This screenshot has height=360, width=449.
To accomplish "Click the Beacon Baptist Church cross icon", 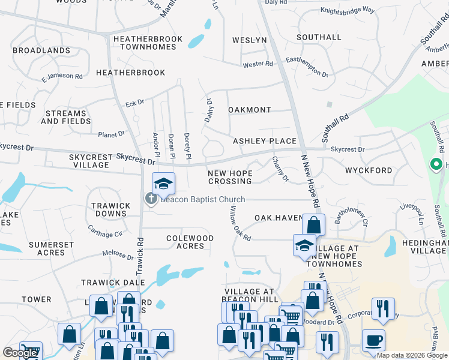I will coord(150,199).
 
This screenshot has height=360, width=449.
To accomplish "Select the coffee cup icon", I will coord(373,340).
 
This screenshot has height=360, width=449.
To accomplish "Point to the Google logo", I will coord(20,353).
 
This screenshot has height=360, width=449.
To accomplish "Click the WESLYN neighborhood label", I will coord(250,40).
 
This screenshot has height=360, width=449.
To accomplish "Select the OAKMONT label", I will coord(250,110).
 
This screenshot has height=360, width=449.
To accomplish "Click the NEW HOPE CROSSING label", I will coord(230,177).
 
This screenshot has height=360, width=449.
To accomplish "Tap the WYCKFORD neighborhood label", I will coord(369,170).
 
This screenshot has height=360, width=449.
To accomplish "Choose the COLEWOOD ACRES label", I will coord(190,242).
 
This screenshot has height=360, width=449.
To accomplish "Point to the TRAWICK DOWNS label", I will coord(110,209).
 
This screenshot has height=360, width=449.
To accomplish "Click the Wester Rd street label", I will coord(258,64).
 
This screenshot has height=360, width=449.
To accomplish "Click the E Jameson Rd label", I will coord(62,76).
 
